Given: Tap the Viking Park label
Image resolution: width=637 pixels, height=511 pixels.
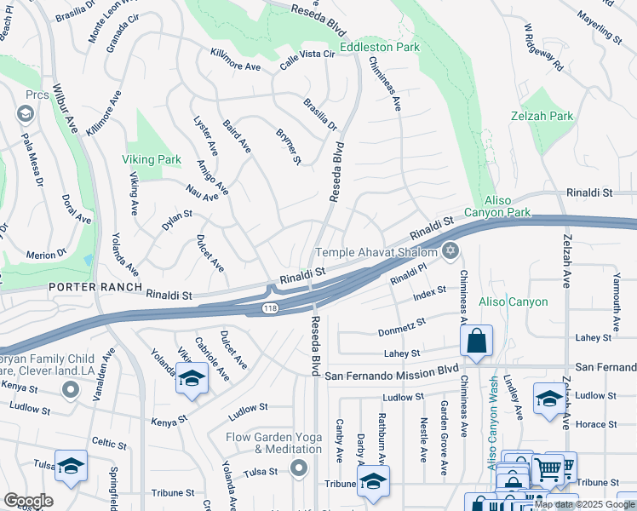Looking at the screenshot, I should [x=152, y=159].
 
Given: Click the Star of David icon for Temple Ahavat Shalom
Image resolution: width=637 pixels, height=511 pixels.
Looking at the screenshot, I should [x=450, y=251].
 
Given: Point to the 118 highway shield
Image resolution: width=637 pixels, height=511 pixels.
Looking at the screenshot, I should [x=270, y=307].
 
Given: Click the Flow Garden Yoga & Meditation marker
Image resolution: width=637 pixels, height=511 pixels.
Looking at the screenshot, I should [x=299, y=468].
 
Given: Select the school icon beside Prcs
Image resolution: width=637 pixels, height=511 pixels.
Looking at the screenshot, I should [x=25, y=113].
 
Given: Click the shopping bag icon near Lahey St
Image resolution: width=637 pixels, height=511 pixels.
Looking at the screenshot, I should [x=477, y=342].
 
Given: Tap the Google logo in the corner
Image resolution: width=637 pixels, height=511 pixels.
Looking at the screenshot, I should [x=28, y=501].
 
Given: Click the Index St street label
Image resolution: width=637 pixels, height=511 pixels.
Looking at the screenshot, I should [x=429, y=295].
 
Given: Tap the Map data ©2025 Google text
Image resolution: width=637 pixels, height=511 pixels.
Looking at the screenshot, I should [x=583, y=504].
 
